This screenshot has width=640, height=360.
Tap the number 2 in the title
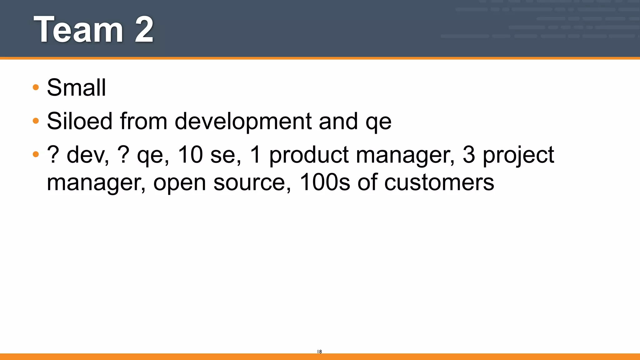click(x=144, y=30)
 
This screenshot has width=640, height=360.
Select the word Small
click(x=77, y=87)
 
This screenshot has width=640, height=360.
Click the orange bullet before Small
click(x=36, y=87)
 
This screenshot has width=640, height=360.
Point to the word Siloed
click(x=79, y=121)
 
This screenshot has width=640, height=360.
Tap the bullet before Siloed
click(x=36, y=121)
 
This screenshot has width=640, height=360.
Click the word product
click(x=308, y=155)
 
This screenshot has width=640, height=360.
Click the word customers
click(x=439, y=182)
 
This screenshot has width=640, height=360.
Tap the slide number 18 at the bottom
click(x=319, y=352)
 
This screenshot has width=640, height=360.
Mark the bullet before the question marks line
click(x=36, y=154)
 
